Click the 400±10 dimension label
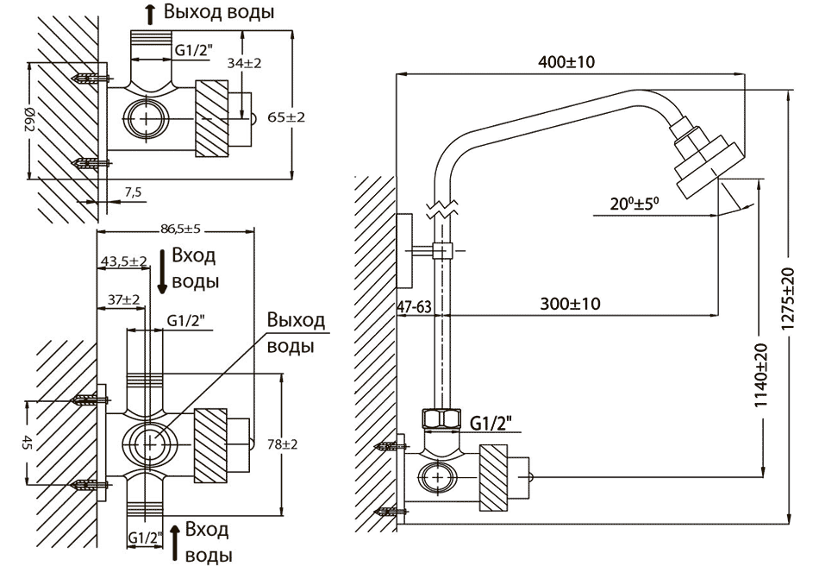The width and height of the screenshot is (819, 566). click(x=566, y=62)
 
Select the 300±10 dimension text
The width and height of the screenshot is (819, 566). click(x=570, y=304)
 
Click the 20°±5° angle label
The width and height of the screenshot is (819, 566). click(x=635, y=203)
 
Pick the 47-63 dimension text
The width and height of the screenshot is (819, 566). click(x=414, y=307)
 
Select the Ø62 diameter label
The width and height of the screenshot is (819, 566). click(x=29, y=120)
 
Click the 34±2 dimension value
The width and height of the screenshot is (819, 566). click(x=244, y=63)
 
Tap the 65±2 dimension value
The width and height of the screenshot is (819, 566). click(x=285, y=117)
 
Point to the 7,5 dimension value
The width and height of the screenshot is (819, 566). click(x=133, y=192)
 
